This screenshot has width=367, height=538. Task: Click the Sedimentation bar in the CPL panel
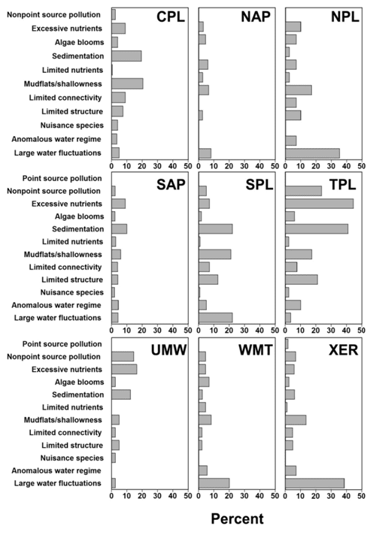click(126, 56)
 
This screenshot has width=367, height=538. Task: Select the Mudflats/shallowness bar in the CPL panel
click(127, 83)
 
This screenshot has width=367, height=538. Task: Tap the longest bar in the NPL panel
click(312, 153)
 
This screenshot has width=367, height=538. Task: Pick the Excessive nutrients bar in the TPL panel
click(320, 204)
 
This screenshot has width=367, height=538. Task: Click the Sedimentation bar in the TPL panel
click(317, 229)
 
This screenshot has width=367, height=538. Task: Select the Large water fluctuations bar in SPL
click(216, 317)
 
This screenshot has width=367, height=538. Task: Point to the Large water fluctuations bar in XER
click(315, 483)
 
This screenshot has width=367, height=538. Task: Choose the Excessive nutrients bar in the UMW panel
click(124, 369)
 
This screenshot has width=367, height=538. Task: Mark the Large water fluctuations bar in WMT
click(214, 483)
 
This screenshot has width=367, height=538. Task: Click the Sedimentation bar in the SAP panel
click(119, 229)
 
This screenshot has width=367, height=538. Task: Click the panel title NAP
click(256, 17)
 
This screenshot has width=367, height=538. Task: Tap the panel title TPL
click(343, 185)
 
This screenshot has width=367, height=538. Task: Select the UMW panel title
click(168, 350)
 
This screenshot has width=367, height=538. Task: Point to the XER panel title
click(344, 350)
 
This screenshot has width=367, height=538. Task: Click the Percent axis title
click(237, 518)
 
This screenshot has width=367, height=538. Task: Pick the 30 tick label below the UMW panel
click(157, 496)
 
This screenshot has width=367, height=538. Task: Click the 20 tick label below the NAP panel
click(229, 166)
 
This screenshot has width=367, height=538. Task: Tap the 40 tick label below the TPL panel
click(346, 330)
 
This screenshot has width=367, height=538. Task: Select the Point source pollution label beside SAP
click(62, 178)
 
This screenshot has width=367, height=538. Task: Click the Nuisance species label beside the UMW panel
click(71, 458)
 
